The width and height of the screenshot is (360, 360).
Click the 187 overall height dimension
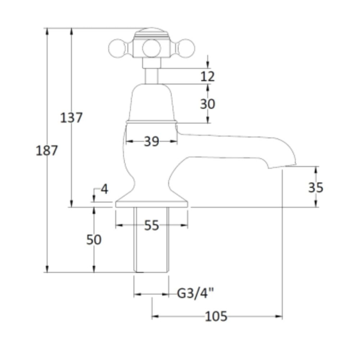[46, 151]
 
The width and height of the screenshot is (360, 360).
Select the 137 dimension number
[71, 118]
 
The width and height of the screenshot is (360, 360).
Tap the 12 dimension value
[208, 76]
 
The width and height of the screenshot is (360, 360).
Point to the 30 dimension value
[208, 104]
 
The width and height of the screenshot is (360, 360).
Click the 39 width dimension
[152, 141]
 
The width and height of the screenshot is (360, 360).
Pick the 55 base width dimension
[152, 225]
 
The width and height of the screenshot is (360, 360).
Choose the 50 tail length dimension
[94, 239]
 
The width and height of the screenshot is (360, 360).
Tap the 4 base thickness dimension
[105, 189]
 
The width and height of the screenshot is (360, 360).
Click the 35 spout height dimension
[316, 187]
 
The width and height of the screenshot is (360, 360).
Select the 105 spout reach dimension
[216, 316]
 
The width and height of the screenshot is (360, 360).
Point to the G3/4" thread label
[195, 293]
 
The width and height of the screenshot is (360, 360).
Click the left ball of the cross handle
[117, 49]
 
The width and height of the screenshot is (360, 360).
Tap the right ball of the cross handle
[186, 49]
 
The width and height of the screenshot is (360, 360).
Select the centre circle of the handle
[152, 49]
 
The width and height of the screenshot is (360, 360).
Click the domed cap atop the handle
[152, 33]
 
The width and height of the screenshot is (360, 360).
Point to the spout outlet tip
[283, 166]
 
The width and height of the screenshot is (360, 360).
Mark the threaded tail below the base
[151, 239]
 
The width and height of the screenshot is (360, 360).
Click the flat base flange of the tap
[152, 204]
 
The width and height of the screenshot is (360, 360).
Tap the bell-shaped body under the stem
[152, 103]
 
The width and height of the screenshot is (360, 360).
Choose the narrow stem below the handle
[152, 76]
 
